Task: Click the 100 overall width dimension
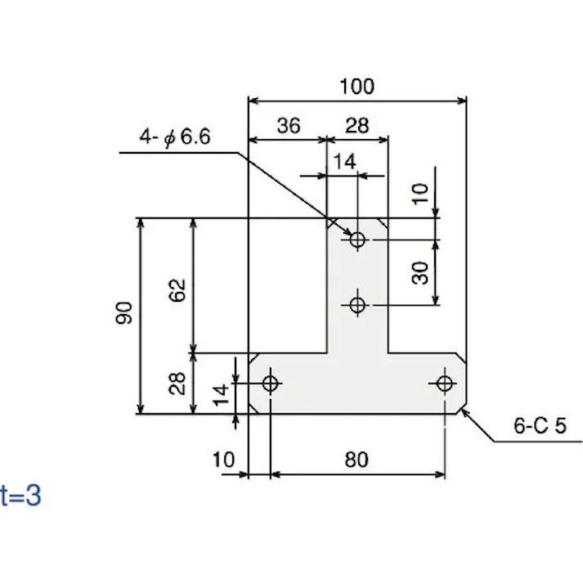pos(357,86)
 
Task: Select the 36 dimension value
pos(288,125)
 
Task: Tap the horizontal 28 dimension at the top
pos(357,125)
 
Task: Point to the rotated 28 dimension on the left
pos(178,383)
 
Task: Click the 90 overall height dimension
pos(124,313)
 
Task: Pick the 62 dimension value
pos(178,289)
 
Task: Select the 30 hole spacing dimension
pos(420,272)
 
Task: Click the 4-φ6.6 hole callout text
pos(175,138)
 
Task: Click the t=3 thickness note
pos(20,496)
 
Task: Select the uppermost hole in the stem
pos(357,240)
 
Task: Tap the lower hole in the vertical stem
pos(357,305)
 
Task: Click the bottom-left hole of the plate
pos(271,383)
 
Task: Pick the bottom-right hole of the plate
pos(444,383)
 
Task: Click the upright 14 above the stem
pos(345,162)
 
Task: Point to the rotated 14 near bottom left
pos(219,395)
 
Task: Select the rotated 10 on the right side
pos(420,193)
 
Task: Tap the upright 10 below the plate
pos(223,460)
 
